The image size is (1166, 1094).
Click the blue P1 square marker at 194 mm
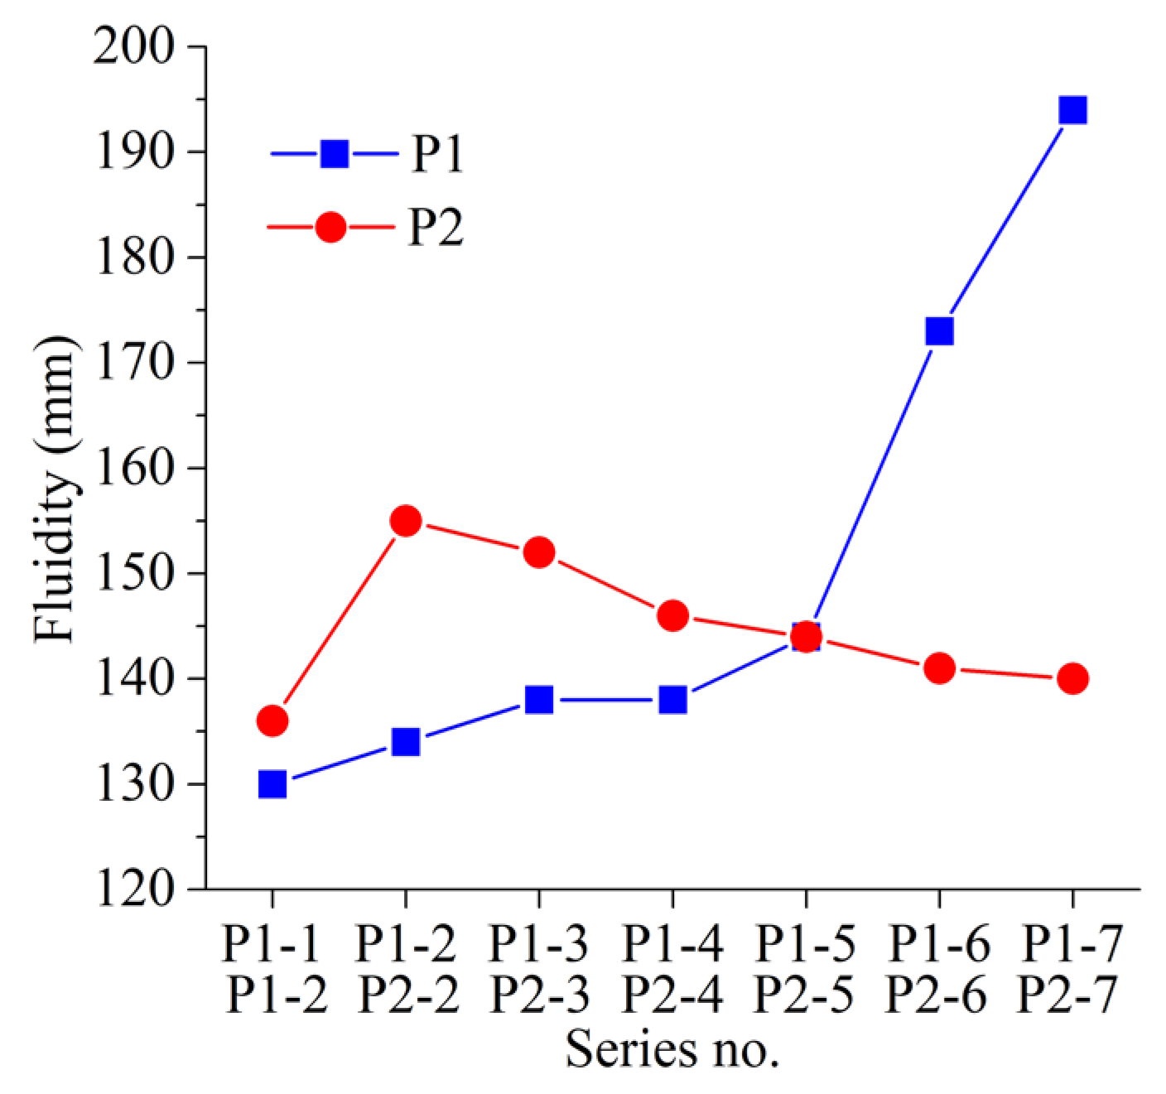(1072, 110)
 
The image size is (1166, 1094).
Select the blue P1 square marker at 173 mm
(939, 331)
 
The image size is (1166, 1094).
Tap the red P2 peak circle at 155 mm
(406, 521)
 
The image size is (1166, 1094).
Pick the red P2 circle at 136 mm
(272, 721)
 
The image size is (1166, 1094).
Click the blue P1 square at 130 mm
(272, 783)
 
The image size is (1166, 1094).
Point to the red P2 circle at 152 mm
(539, 552)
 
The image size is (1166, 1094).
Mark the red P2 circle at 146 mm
(672, 615)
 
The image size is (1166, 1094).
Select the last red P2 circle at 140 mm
(1072, 678)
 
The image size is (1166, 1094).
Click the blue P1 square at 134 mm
(406, 742)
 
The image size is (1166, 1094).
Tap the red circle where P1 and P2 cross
(806, 637)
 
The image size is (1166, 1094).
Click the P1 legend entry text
(438, 154)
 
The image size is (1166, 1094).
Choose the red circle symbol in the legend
(331, 227)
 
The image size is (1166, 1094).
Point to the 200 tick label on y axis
(134, 47)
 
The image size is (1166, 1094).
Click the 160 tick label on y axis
(134, 468)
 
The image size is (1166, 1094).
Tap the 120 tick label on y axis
(134, 889)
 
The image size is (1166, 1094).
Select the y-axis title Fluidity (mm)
(55, 489)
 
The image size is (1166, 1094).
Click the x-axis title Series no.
(672, 1049)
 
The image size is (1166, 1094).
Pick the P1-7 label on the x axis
(1072, 943)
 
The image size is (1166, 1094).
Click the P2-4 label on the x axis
(672, 994)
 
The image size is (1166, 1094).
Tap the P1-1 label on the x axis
(272, 943)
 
